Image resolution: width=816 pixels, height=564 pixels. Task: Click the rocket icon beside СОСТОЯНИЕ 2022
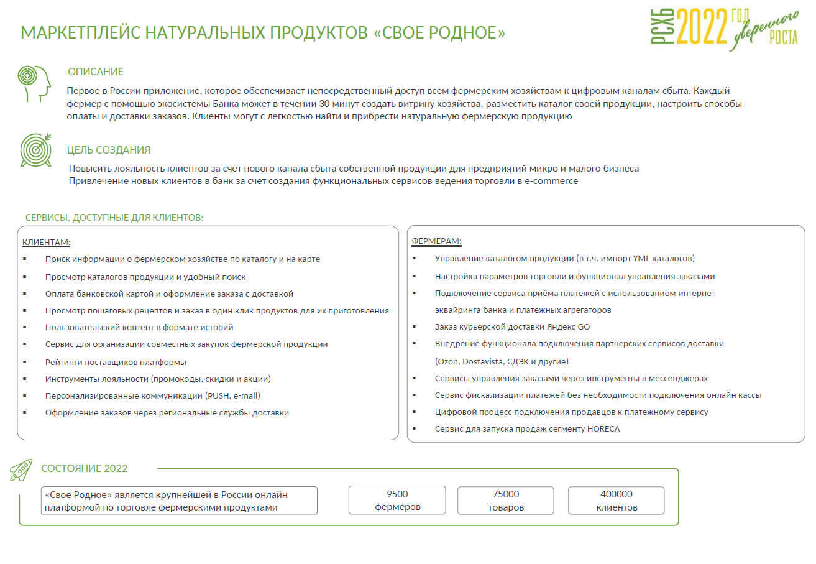21,470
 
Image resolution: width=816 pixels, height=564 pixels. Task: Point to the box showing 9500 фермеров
397,501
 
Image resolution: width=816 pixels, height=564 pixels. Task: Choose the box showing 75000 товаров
506,501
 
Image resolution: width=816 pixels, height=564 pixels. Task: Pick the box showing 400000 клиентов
617,501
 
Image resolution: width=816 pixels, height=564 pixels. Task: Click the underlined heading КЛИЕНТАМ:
46,241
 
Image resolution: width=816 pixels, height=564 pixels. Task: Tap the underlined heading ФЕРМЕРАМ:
436,241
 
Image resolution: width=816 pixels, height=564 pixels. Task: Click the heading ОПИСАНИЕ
96,72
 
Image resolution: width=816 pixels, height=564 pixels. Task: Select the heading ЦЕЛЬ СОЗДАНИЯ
109,150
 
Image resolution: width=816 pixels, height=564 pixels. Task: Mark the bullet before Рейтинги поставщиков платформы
25,362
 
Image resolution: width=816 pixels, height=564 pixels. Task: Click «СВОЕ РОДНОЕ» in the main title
440,32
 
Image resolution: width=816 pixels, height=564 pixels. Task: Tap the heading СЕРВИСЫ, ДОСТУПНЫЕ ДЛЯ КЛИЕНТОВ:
114,218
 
